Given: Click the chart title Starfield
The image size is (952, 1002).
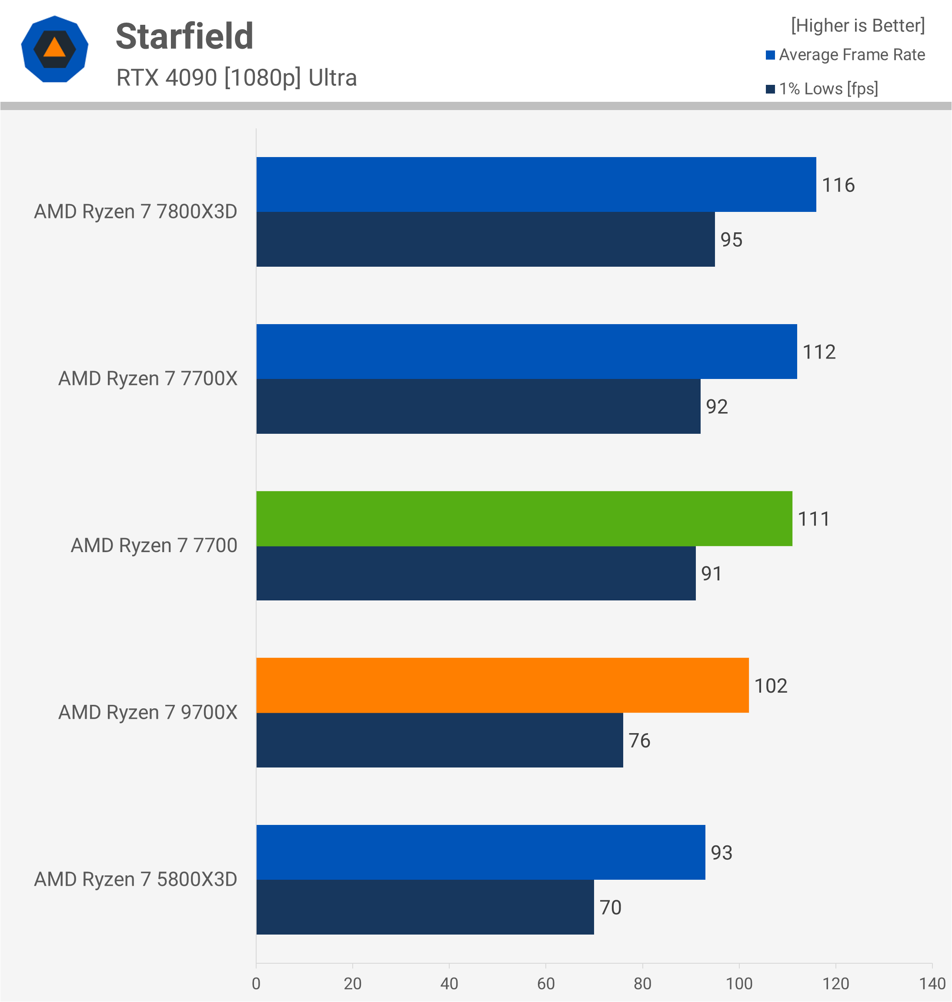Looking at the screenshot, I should (x=184, y=37).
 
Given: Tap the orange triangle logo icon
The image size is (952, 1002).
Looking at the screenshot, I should (x=54, y=49).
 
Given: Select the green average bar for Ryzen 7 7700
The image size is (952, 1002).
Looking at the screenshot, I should (x=524, y=518).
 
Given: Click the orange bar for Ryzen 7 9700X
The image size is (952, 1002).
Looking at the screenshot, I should (x=502, y=685).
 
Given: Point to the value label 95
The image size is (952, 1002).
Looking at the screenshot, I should (x=731, y=240).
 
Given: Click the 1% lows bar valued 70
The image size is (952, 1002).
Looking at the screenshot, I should (x=425, y=907).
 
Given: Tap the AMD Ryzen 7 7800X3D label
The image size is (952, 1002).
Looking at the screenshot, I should (x=136, y=211).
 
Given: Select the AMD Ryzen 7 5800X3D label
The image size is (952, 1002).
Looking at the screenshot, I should (x=136, y=879).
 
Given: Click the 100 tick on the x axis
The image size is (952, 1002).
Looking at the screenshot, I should (x=739, y=983).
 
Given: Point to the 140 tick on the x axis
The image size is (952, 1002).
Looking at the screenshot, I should (x=932, y=983).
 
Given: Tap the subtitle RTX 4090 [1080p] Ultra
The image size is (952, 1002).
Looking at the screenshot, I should (x=237, y=77).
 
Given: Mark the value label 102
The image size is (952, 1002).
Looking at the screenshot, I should (x=770, y=686).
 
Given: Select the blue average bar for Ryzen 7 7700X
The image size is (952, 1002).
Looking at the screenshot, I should (x=526, y=351).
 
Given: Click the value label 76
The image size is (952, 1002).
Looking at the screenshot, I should (x=639, y=741).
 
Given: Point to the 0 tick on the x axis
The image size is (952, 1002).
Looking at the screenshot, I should (x=256, y=983).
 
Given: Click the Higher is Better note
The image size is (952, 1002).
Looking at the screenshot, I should (x=858, y=25).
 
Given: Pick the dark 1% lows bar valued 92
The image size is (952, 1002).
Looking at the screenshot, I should (x=478, y=406).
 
